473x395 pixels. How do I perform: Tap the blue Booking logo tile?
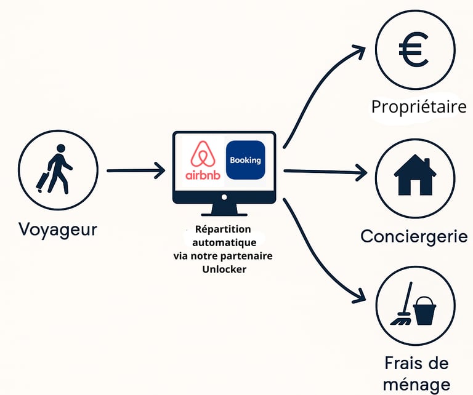pyautogui.click(x=245, y=160)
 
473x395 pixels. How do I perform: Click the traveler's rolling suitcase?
pyautogui.click(x=44, y=180)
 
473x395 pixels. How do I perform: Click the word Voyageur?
pyautogui.click(x=58, y=229)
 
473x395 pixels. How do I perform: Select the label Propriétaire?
pyautogui.click(x=418, y=107)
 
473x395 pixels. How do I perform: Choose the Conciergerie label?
pyautogui.click(x=414, y=236)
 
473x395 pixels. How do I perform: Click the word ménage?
pyautogui.click(x=416, y=385)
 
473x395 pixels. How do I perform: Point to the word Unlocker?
pyautogui.click(x=224, y=268)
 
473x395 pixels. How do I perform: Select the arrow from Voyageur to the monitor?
pyautogui.click(x=135, y=170)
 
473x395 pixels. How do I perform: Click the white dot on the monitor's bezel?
pyautogui.click(x=224, y=197)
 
